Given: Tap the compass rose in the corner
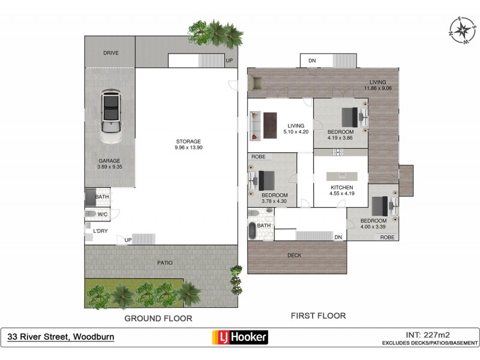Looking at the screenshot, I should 461,29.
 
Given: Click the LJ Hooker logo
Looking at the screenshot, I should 240,337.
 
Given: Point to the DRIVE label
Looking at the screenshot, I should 110,53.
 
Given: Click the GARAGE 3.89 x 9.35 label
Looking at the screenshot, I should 110,164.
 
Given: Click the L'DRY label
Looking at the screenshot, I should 100,231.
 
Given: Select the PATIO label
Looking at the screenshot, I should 166,263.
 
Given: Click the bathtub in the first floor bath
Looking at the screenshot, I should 252,231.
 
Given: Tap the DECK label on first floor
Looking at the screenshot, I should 294,256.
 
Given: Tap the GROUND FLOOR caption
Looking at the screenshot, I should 158,319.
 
